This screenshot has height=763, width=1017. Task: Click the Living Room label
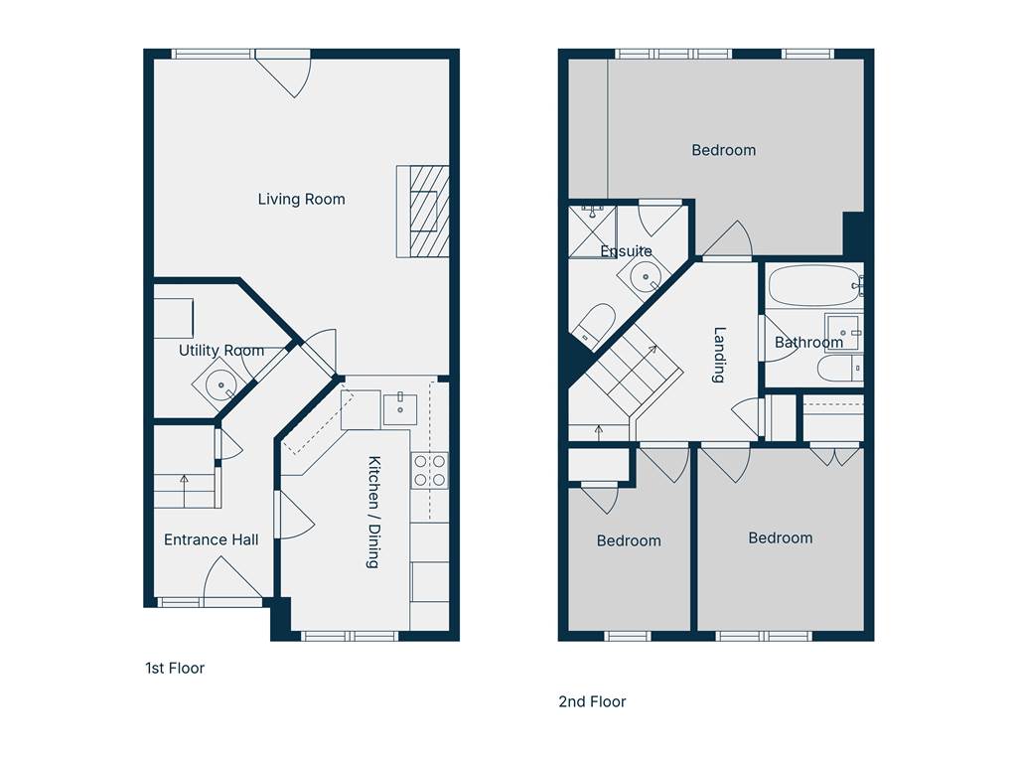301,199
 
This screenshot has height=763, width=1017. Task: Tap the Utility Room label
221,351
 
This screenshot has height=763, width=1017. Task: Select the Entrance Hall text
211,539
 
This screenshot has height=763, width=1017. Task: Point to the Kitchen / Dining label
373,512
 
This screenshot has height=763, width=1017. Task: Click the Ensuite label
626,251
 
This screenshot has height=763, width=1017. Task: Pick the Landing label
719,355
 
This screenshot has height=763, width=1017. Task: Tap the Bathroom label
808,342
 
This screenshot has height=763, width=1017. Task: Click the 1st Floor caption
175,669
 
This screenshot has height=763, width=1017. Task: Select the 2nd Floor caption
592,702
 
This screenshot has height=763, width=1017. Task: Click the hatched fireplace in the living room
423,212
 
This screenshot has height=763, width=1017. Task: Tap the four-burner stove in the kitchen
429,470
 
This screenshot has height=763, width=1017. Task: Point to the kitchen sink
400,408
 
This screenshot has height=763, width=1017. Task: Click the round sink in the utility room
221,384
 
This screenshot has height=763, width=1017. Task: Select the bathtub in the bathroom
814,285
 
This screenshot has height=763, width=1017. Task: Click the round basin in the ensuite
646,278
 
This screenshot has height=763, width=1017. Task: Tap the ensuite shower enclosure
592,231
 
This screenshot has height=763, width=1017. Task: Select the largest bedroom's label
723,151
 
